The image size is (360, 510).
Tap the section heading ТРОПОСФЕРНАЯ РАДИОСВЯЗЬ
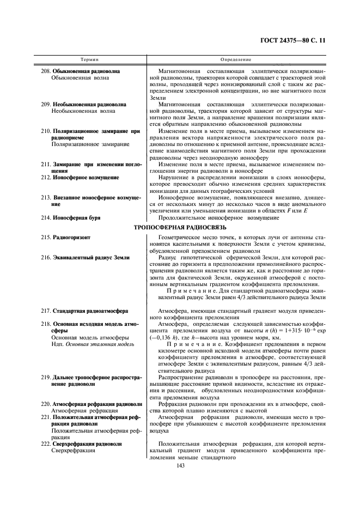point(180,227)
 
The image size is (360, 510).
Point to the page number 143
point(180,465)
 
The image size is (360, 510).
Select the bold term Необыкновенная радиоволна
point(89,104)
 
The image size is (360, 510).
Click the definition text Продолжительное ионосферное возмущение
point(218,218)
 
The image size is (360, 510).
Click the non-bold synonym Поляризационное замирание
point(90,144)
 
